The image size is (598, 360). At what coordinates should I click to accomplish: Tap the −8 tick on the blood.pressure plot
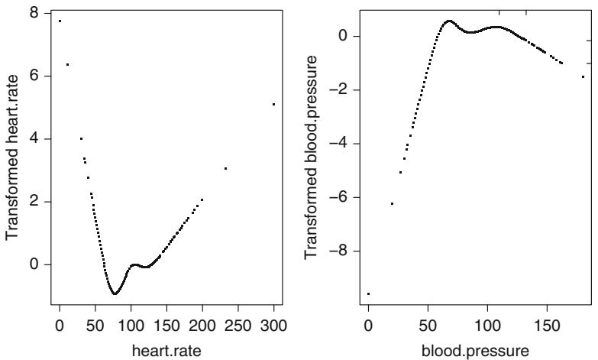click(341, 251)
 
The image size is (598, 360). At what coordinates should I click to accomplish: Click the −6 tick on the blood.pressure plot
click(341, 197)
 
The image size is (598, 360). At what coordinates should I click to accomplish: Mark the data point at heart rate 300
click(273, 104)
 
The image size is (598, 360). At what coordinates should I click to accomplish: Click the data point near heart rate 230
click(225, 168)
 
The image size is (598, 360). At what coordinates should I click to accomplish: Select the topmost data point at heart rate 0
click(60, 21)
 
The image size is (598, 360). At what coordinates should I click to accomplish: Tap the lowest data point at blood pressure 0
click(368, 294)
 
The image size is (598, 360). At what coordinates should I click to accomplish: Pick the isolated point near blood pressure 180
click(583, 76)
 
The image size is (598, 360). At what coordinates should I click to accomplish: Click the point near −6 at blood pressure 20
click(392, 203)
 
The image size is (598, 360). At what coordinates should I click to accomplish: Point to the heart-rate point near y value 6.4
click(67, 64)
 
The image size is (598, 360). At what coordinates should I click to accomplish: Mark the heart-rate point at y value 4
click(81, 138)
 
